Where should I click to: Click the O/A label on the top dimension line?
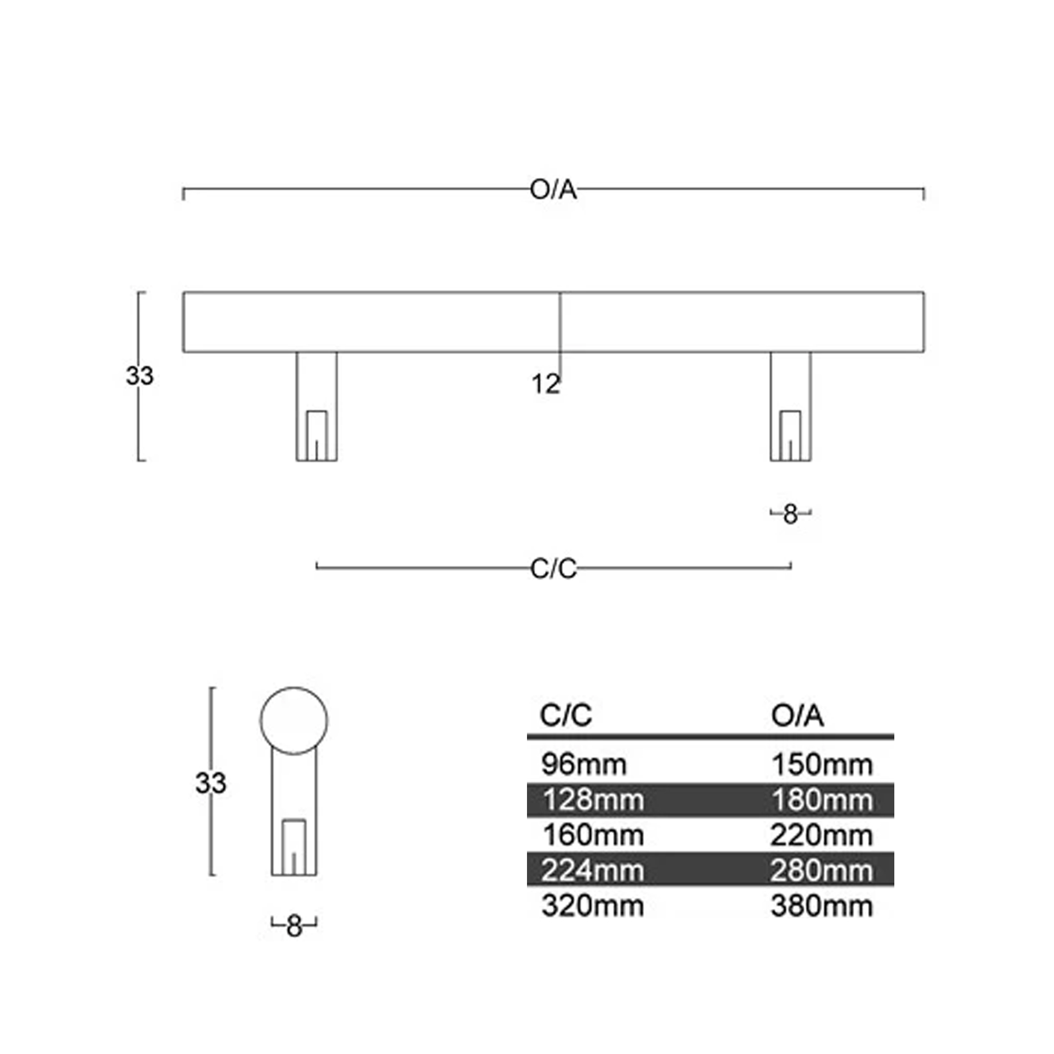pos(553,190)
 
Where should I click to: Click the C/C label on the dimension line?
pos(553,569)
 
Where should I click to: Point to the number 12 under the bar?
pos(545,385)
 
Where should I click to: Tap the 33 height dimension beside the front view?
pos(140,376)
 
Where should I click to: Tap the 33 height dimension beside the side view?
pos(211,784)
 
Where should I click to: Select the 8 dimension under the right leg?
pos(790,514)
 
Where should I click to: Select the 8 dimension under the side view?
pos(294,926)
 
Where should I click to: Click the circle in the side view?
pos(294,687)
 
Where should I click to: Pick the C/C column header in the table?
pos(565,715)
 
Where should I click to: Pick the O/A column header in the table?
pos(797,716)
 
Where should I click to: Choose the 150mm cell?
pos(822,765)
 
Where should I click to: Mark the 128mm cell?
pos(593,801)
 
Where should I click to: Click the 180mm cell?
pos(822,801)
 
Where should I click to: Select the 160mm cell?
pos(593,836)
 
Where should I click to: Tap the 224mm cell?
pos(592,871)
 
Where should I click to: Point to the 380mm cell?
pos(822,906)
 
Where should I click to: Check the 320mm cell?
pos(592,906)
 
